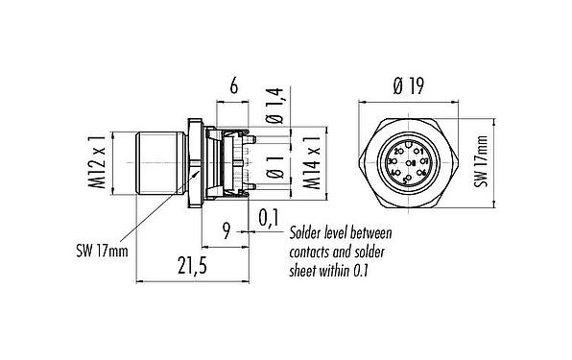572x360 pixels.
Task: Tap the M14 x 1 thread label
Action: point(312,162)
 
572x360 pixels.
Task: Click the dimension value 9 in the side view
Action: point(226,230)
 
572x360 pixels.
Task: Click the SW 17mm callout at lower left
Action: point(101,249)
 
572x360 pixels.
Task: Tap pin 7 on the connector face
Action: point(425,162)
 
